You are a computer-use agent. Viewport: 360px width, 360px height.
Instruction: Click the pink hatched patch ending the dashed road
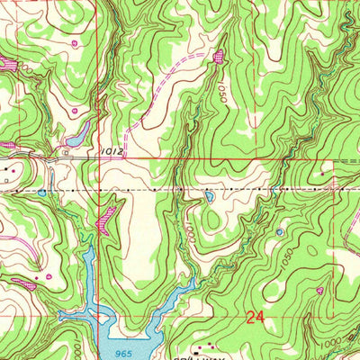pos(219,57)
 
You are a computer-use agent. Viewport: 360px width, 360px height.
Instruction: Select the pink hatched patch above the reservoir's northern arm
pos(109,217)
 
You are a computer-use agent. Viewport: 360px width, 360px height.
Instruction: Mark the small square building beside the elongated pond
pos(66,152)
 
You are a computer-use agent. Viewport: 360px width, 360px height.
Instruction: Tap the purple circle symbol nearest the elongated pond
pos(74,111)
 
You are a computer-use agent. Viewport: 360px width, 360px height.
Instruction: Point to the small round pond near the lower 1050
pos(279,231)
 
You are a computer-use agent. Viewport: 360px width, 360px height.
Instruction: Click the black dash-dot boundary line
pos(180,192)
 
